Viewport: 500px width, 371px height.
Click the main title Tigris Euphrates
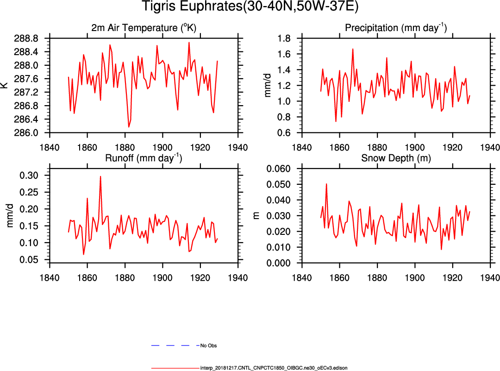(250, 8)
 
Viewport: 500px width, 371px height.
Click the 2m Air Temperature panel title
(144, 28)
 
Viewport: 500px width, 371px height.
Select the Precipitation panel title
(396, 28)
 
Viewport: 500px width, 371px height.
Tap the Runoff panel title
(144, 158)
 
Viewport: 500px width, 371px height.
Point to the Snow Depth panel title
(396, 158)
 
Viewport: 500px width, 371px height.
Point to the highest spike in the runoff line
(100, 176)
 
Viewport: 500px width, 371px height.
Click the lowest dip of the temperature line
(129, 126)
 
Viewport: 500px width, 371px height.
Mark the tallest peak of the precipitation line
(353, 49)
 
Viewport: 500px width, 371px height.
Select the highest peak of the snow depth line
(326, 184)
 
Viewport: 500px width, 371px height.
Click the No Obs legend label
(208, 346)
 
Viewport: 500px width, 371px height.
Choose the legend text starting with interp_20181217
(274, 368)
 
